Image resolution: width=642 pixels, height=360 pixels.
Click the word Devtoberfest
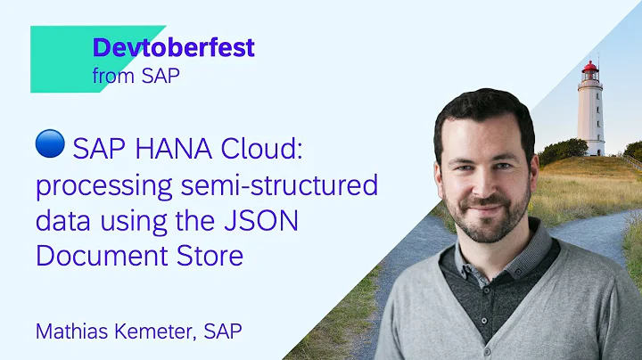coord(173,48)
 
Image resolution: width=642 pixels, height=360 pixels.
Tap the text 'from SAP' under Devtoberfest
coord(136,75)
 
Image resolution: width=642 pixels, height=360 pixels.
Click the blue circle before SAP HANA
coord(50,143)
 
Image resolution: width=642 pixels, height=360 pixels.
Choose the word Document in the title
coord(97,257)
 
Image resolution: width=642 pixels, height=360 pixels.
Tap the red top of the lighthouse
coord(590,68)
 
